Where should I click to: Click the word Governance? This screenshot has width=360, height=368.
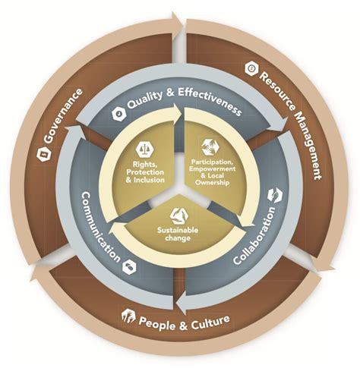pos(63,115)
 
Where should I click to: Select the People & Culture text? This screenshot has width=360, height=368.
pos(185,322)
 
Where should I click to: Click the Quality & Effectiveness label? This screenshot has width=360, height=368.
pos(184,101)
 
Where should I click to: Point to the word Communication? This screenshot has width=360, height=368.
pos(100,227)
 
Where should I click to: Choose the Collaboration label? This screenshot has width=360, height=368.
pos(254,235)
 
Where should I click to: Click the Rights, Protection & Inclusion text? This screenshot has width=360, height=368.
pos(145,172)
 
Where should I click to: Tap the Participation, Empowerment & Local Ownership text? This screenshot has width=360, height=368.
pos(212,172)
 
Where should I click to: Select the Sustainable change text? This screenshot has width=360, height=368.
pos(178,234)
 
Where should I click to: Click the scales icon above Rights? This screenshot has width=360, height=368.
pos(145,149)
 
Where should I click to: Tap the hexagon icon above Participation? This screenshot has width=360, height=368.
pos(210,146)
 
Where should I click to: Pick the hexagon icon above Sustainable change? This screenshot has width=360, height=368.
pos(179,216)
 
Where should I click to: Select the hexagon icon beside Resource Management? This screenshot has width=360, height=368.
pos(251,68)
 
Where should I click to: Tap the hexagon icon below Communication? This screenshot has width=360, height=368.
pos(129,266)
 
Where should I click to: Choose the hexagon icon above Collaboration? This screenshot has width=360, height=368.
pos(275,195)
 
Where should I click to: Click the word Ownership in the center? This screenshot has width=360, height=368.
pos(212,183)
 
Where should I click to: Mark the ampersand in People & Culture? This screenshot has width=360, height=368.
pos(184,326)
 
